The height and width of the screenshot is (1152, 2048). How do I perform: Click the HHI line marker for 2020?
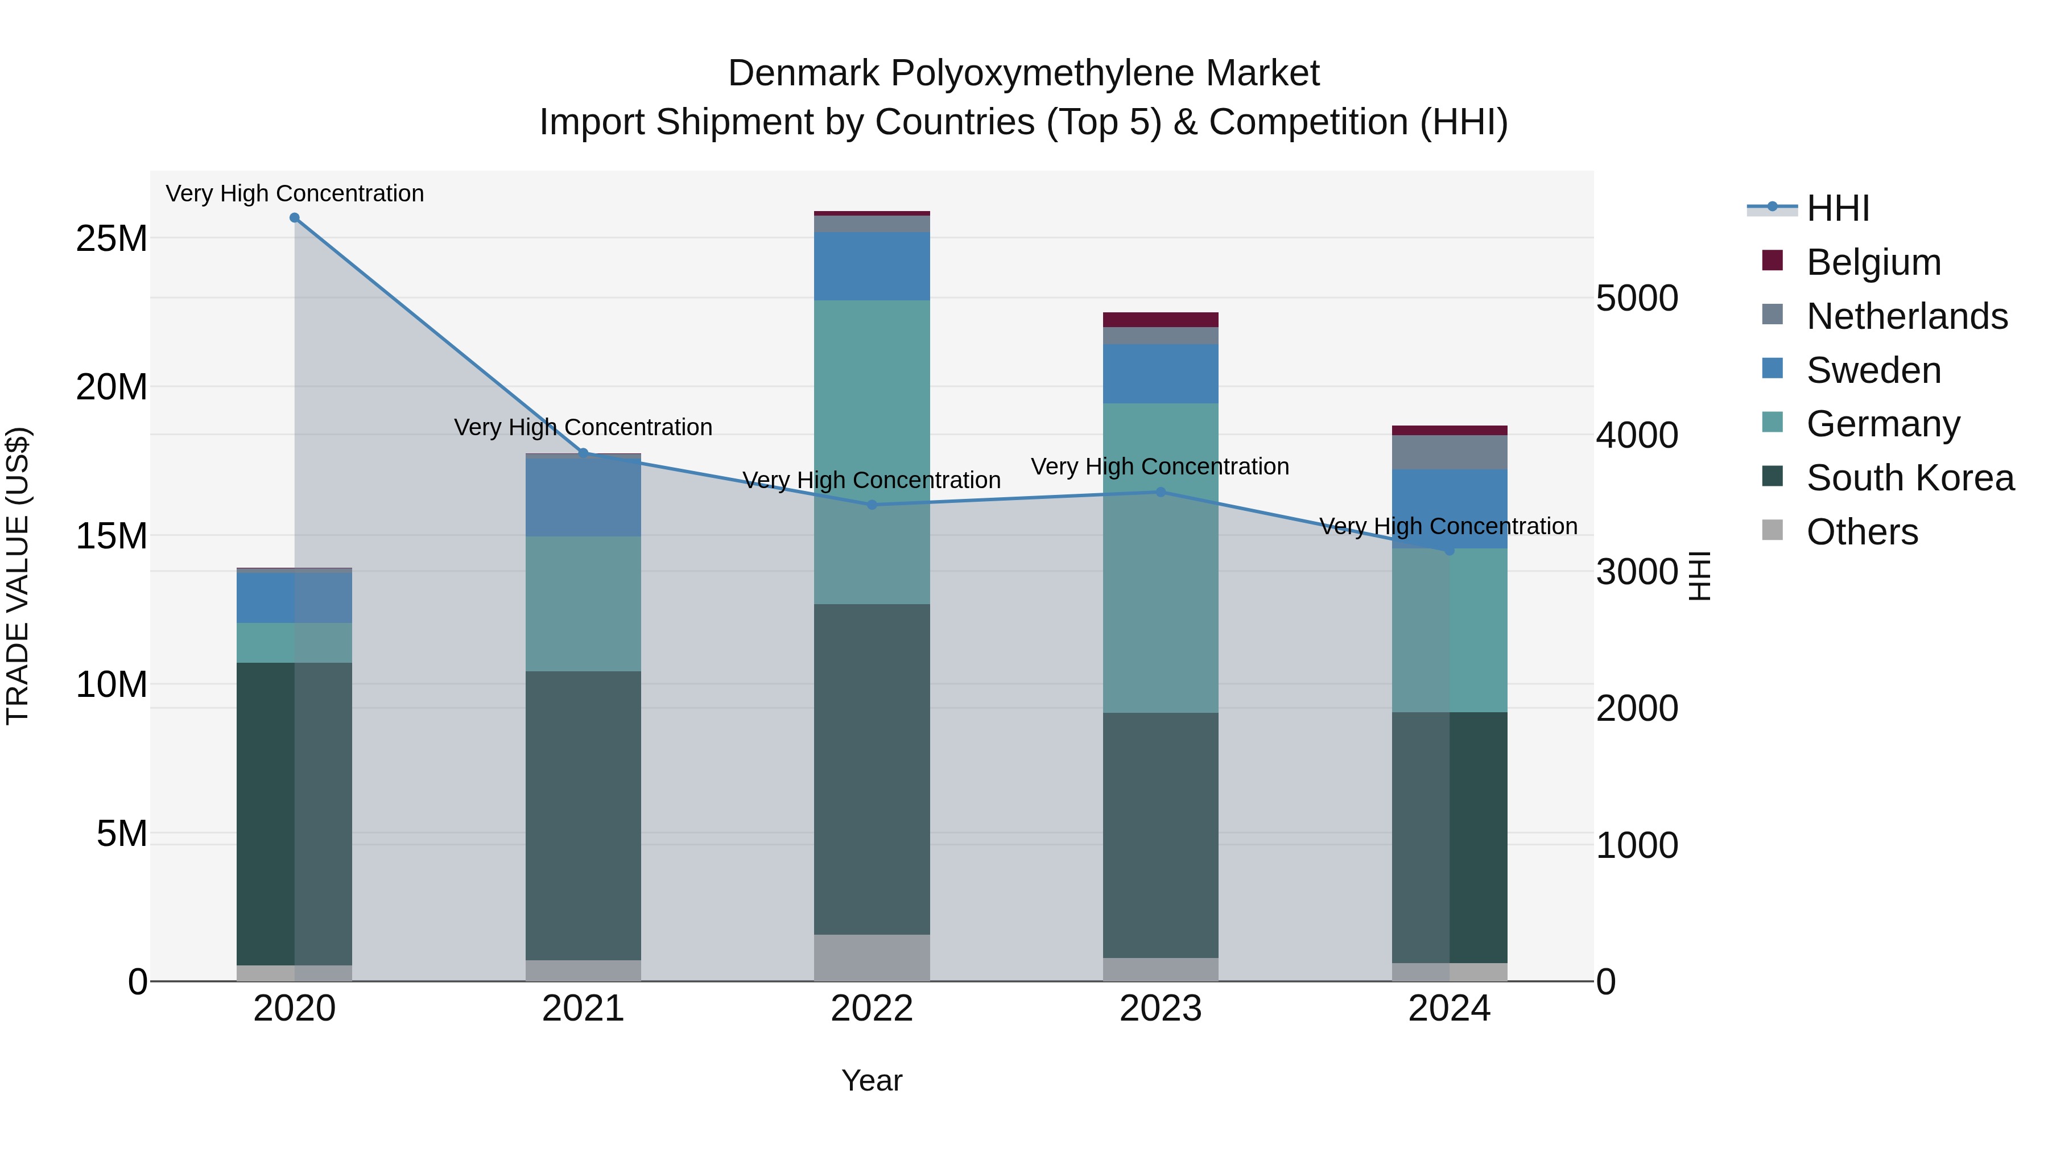click(x=294, y=218)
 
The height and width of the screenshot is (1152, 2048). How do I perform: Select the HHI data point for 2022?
click(x=872, y=505)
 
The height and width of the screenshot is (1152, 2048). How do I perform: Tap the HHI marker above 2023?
click(x=1160, y=492)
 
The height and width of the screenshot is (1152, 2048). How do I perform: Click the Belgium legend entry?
click(x=1873, y=262)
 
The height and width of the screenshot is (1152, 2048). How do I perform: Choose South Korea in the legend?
click(x=1910, y=478)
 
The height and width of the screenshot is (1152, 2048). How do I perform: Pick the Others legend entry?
click(x=1861, y=532)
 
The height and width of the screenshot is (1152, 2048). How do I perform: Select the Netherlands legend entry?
click(x=1906, y=316)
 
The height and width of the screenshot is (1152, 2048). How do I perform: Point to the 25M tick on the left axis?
click(x=112, y=238)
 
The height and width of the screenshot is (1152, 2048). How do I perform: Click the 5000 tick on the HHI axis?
click(x=1637, y=298)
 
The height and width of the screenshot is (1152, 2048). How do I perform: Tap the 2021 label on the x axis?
click(x=583, y=1009)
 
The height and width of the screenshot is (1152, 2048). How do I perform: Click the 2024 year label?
click(x=1448, y=1009)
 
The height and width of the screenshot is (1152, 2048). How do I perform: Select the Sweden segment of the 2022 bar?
click(x=872, y=266)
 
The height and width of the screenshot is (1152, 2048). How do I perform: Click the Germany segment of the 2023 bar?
click(x=1160, y=556)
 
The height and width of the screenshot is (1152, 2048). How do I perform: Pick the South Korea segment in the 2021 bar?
click(x=583, y=815)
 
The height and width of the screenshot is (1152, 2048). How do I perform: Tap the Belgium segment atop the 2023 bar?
click(x=1160, y=320)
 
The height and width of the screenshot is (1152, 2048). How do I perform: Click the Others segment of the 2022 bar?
click(x=872, y=957)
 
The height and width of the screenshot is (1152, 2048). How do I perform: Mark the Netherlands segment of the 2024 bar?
click(x=1448, y=452)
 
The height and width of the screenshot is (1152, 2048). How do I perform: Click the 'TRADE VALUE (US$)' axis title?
click(x=18, y=576)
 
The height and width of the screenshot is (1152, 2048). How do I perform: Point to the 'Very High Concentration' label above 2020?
click(x=294, y=193)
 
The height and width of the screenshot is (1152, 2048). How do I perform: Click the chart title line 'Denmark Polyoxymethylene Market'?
click(x=1023, y=73)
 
